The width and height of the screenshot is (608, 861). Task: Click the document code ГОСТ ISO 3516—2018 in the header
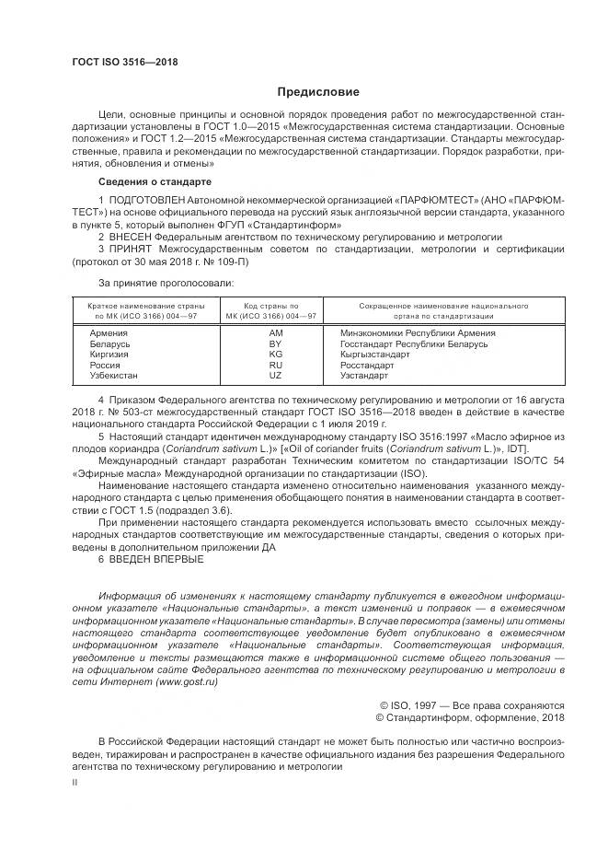pyautogui.click(x=124, y=63)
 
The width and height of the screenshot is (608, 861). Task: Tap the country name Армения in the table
pyautogui.click(x=109, y=332)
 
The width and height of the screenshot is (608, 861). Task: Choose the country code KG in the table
pyautogui.click(x=275, y=355)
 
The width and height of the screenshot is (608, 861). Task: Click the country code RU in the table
pyautogui.click(x=275, y=366)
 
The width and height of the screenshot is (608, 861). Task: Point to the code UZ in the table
pyautogui.click(x=275, y=377)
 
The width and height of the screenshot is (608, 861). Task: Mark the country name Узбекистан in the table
pyautogui.click(x=114, y=377)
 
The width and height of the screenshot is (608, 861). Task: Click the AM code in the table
pyautogui.click(x=275, y=332)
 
